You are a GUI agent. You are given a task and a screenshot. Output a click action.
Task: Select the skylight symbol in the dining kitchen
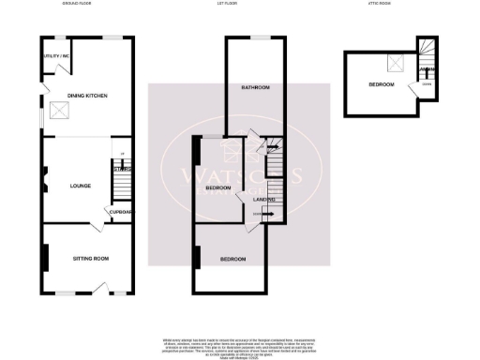pos(58,110)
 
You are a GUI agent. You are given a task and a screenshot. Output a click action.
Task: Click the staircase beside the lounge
pos(120,178)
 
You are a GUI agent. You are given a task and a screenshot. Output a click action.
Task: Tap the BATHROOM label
pos(255,88)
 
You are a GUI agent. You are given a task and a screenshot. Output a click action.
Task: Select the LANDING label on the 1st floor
pos(265,199)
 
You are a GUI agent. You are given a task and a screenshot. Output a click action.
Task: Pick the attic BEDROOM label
pos(381,84)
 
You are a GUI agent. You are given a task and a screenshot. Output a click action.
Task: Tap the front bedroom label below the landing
pos(233,258)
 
